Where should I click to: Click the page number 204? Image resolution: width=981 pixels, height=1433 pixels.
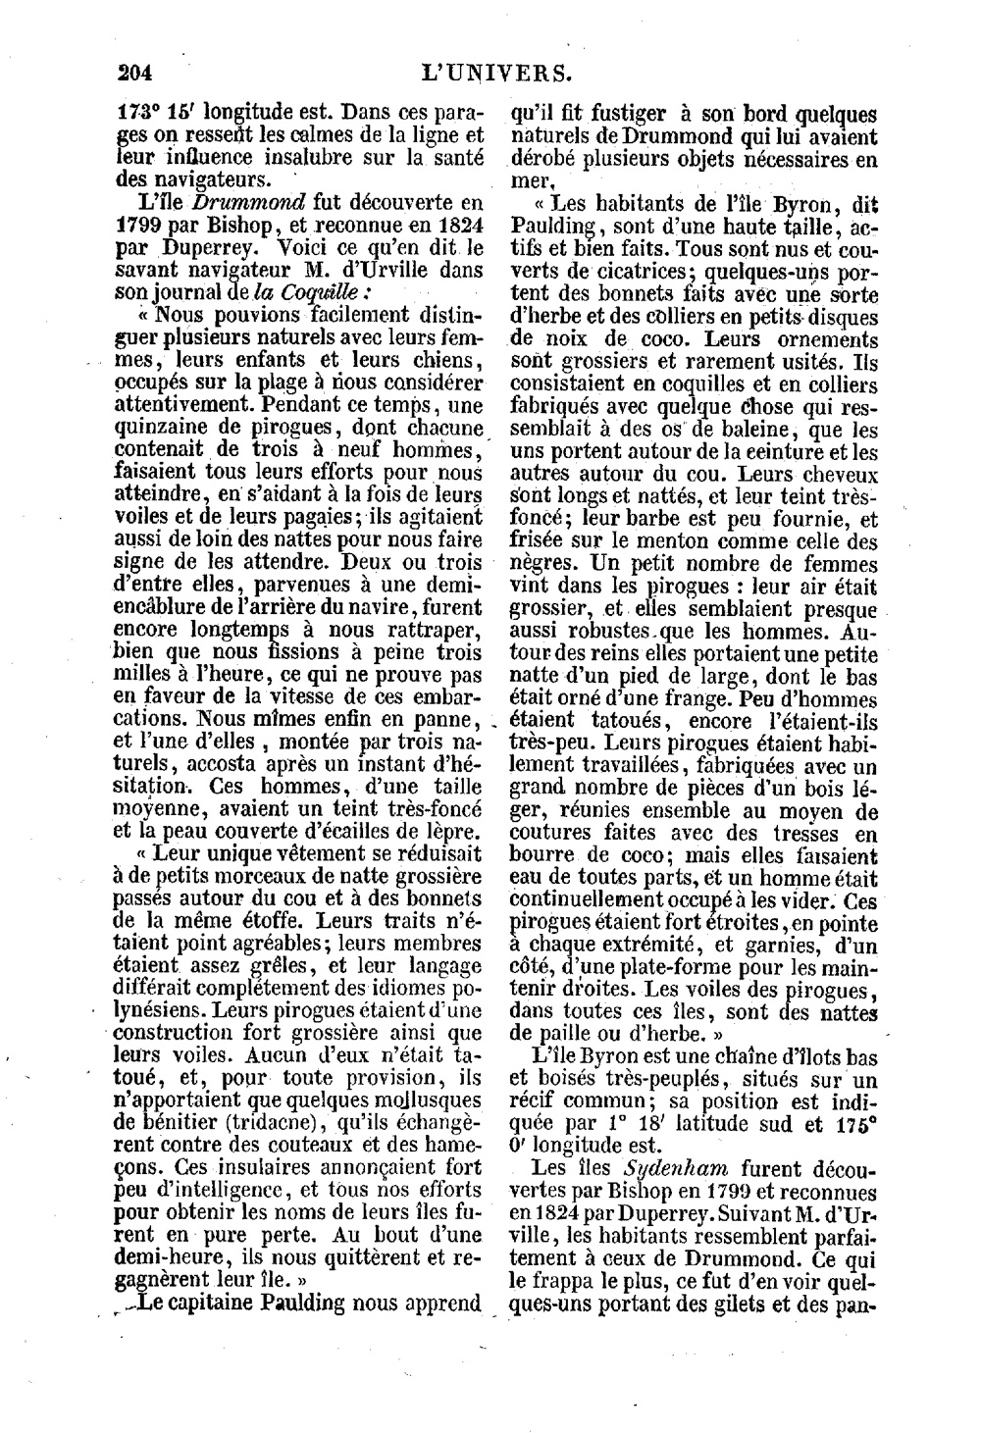[x=138, y=73]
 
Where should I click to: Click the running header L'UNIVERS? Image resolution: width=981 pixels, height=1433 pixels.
[x=496, y=73]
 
